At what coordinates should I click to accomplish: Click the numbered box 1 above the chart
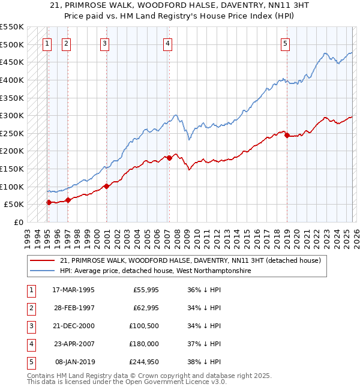pos(47,43)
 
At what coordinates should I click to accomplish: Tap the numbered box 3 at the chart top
pos(104,43)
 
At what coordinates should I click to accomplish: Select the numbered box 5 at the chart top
pos(285,43)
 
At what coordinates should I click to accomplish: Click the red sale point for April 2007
pos(169,158)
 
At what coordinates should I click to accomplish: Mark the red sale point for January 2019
pos(287,135)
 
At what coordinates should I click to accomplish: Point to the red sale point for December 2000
pos(106,186)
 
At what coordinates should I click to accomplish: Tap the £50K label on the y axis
pos(14,205)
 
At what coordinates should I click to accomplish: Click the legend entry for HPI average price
pos(155,271)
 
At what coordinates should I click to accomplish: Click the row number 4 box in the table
pos(30,344)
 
